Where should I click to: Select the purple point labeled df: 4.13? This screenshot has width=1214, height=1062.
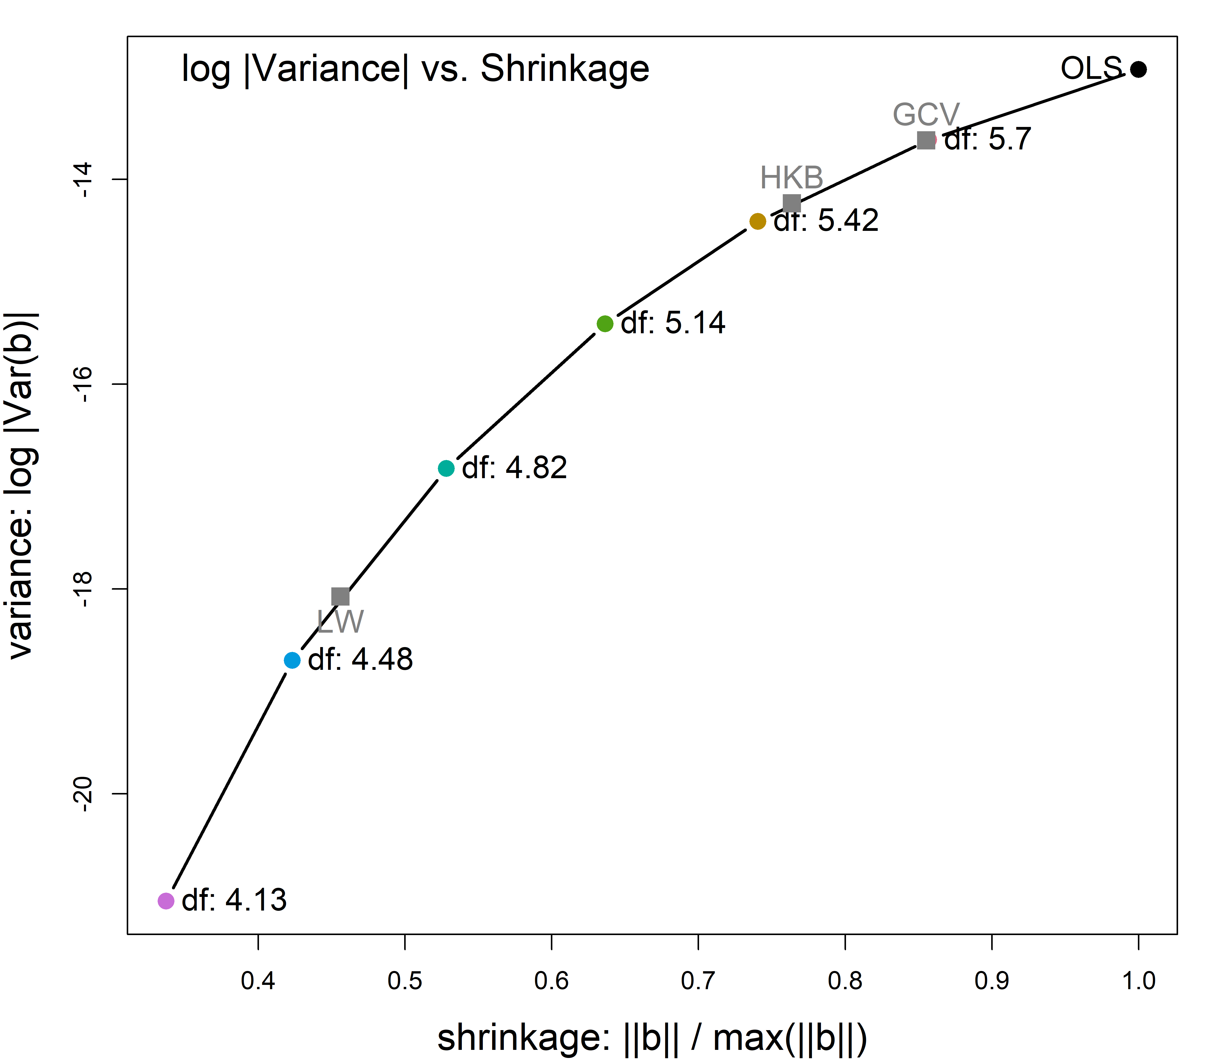pyautogui.click(x=166, y=901)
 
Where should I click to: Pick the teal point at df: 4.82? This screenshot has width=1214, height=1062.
pyautogui.click(x=446, y=468)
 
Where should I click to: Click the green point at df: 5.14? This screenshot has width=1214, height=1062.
pyautogui.click(x=605, y=324)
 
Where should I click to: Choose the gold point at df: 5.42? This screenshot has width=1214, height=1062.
pyautogui.click(x=757, y=222)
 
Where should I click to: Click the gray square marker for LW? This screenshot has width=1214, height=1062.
pyautogui.click(x=340, y=596)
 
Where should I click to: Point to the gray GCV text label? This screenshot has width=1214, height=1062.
pyautogui.click(x=926, y=114)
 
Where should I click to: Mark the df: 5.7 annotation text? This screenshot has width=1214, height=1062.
pyautogui.click(x=988, y=139)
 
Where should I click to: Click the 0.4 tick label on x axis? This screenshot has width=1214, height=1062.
pyautogui.click(x=258, y=981)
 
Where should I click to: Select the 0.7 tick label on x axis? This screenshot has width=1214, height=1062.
pyautogui.click(x=698, y=981)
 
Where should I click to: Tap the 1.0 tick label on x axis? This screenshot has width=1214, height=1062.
pyautogui.click(x=1138, y=981)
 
